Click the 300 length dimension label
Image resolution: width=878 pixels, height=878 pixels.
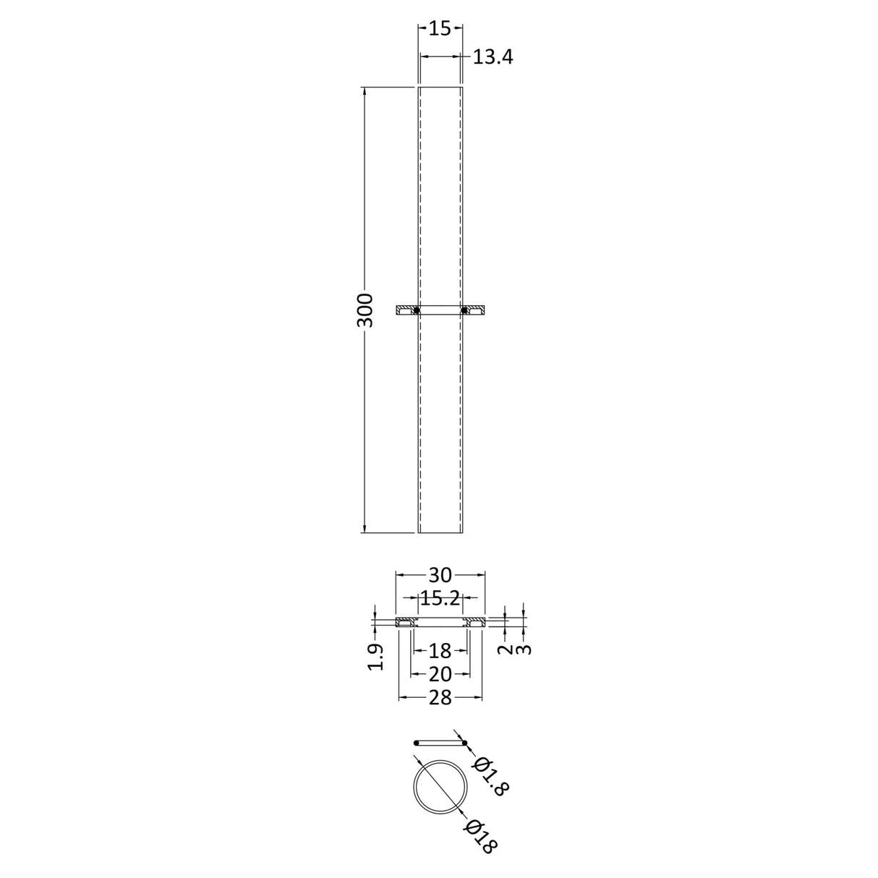365,310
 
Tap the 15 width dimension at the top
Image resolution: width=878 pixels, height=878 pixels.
440,28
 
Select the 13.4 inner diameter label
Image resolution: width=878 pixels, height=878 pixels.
493,57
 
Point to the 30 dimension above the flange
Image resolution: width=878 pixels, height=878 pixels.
440,575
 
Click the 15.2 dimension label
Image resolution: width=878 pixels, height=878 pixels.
440,598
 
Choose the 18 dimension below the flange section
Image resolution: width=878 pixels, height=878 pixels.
440,651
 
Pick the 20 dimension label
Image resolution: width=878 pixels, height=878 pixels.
440,674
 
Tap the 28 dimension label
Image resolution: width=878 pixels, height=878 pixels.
440,697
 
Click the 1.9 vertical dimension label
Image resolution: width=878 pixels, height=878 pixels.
375,657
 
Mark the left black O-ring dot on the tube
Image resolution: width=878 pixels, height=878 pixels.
417,310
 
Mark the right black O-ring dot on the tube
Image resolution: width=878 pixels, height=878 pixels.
464,310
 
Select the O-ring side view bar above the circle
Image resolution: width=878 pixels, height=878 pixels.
440,743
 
